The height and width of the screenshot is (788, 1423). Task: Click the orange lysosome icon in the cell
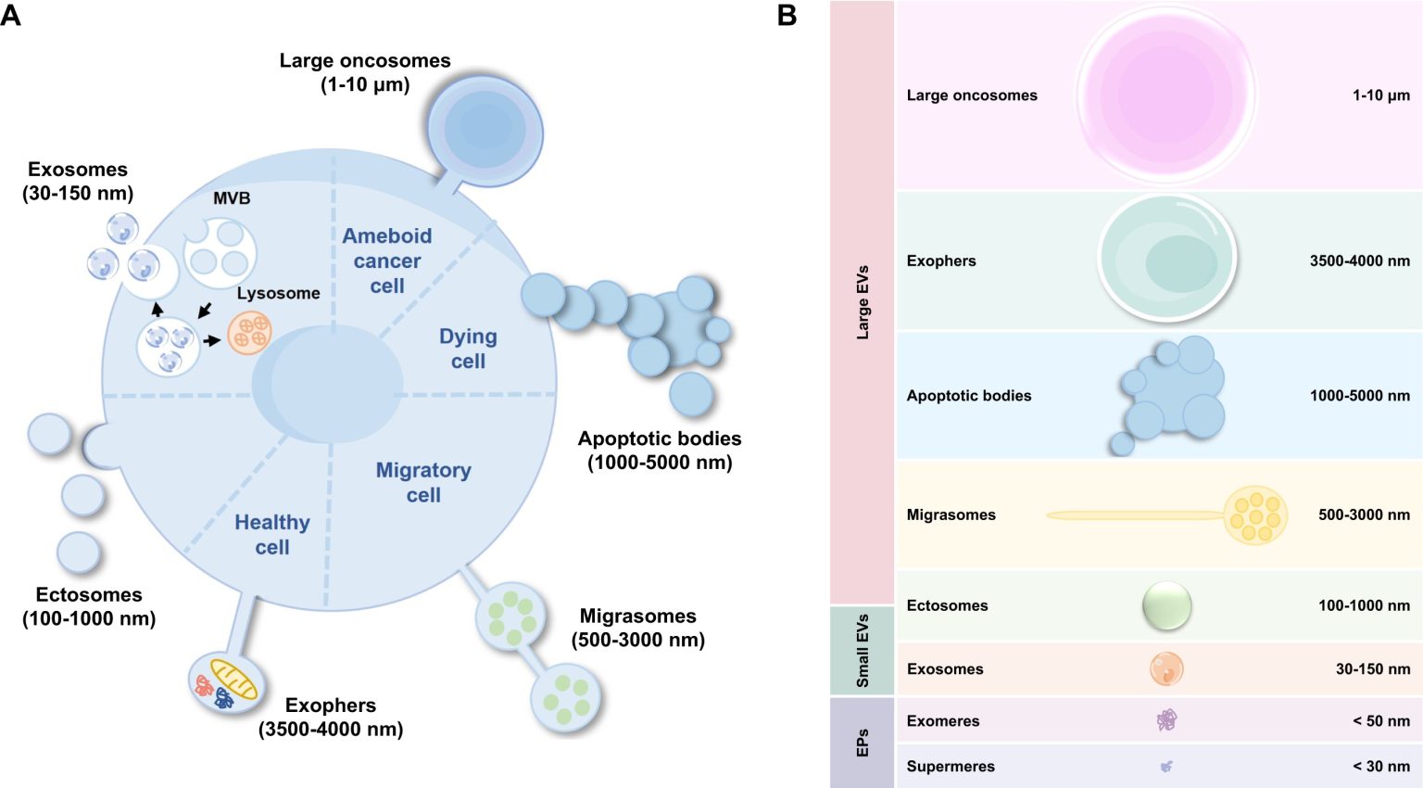(249, 333)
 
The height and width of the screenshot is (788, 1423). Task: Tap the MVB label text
(232, 198)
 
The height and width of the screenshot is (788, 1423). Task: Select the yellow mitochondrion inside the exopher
(233, 678)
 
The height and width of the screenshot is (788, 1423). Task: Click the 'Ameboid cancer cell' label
(387, 261)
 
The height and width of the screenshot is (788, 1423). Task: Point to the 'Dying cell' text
(468, 349)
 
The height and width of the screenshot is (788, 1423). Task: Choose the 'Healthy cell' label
(272, 535)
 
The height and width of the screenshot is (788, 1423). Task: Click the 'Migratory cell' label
(423, 482)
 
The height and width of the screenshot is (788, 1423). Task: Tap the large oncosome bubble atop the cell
(484, 130)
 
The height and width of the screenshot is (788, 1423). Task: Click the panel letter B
(787, 16)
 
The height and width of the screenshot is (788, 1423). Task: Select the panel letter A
(11, 16)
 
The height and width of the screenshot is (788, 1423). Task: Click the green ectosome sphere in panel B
(1166, 605)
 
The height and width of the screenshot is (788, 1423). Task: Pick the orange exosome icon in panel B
(1166, 668)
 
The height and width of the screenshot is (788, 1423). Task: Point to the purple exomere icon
(1166, 720)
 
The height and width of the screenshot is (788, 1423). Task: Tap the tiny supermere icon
(1166, 766)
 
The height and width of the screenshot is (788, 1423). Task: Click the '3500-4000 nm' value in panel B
(1359, 261)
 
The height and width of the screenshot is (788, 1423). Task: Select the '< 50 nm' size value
(1380, 721)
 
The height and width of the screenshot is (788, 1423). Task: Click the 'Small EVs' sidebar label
(863, 650)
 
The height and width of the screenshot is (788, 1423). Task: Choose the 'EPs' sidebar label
(863, 743)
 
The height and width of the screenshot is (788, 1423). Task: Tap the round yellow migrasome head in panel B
(1255, 515)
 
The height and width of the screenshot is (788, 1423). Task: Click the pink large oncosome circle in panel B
(1165, 95)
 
